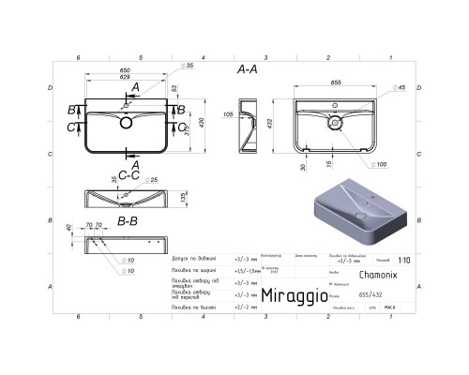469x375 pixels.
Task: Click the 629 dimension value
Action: tap(98, 77)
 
